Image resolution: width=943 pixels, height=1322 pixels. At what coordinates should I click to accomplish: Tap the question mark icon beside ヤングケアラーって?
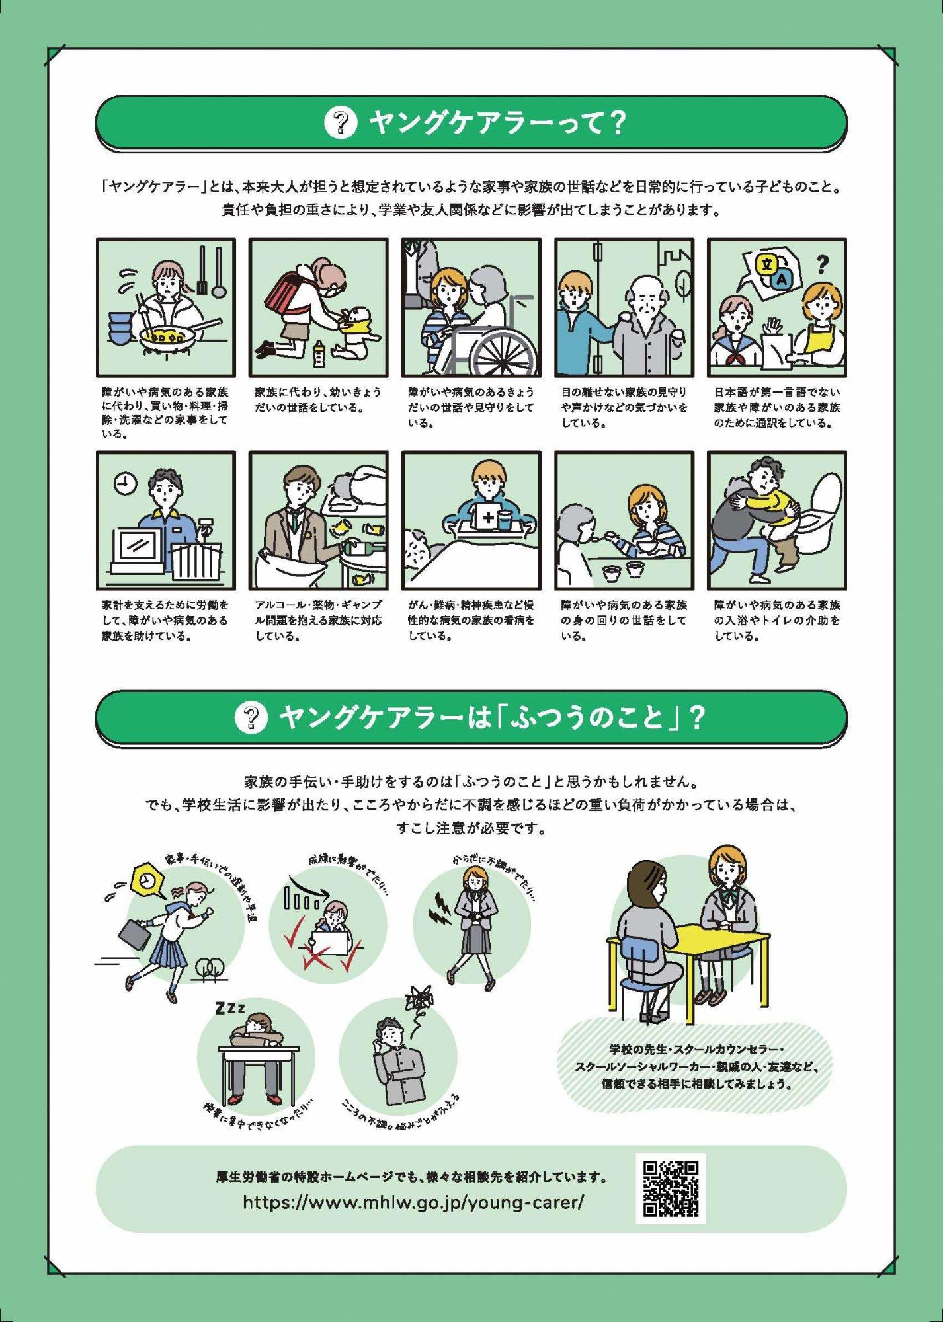click(x=341, y=122)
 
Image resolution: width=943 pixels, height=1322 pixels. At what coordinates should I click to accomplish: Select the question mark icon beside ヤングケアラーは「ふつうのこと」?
click(x=251, y=717)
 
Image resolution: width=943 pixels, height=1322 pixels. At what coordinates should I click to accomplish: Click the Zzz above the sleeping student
click(x=229, y=1008)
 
